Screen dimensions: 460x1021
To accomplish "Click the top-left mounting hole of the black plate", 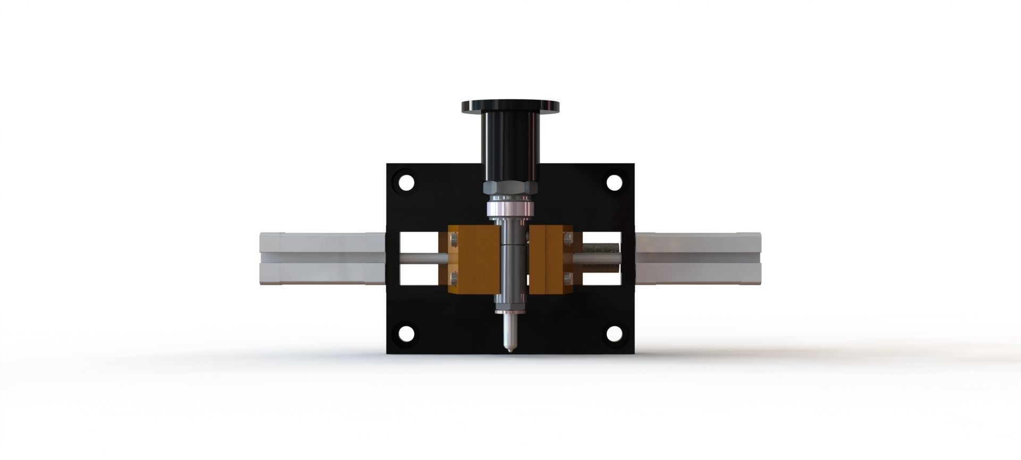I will click(x=406, y=183).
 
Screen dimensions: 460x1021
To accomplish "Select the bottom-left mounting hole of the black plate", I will click(x=406, y=334).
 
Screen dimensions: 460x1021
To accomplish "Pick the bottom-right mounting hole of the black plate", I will click(x=615, y=334).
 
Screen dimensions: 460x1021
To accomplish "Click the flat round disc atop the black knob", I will click(x=510, y=106).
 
